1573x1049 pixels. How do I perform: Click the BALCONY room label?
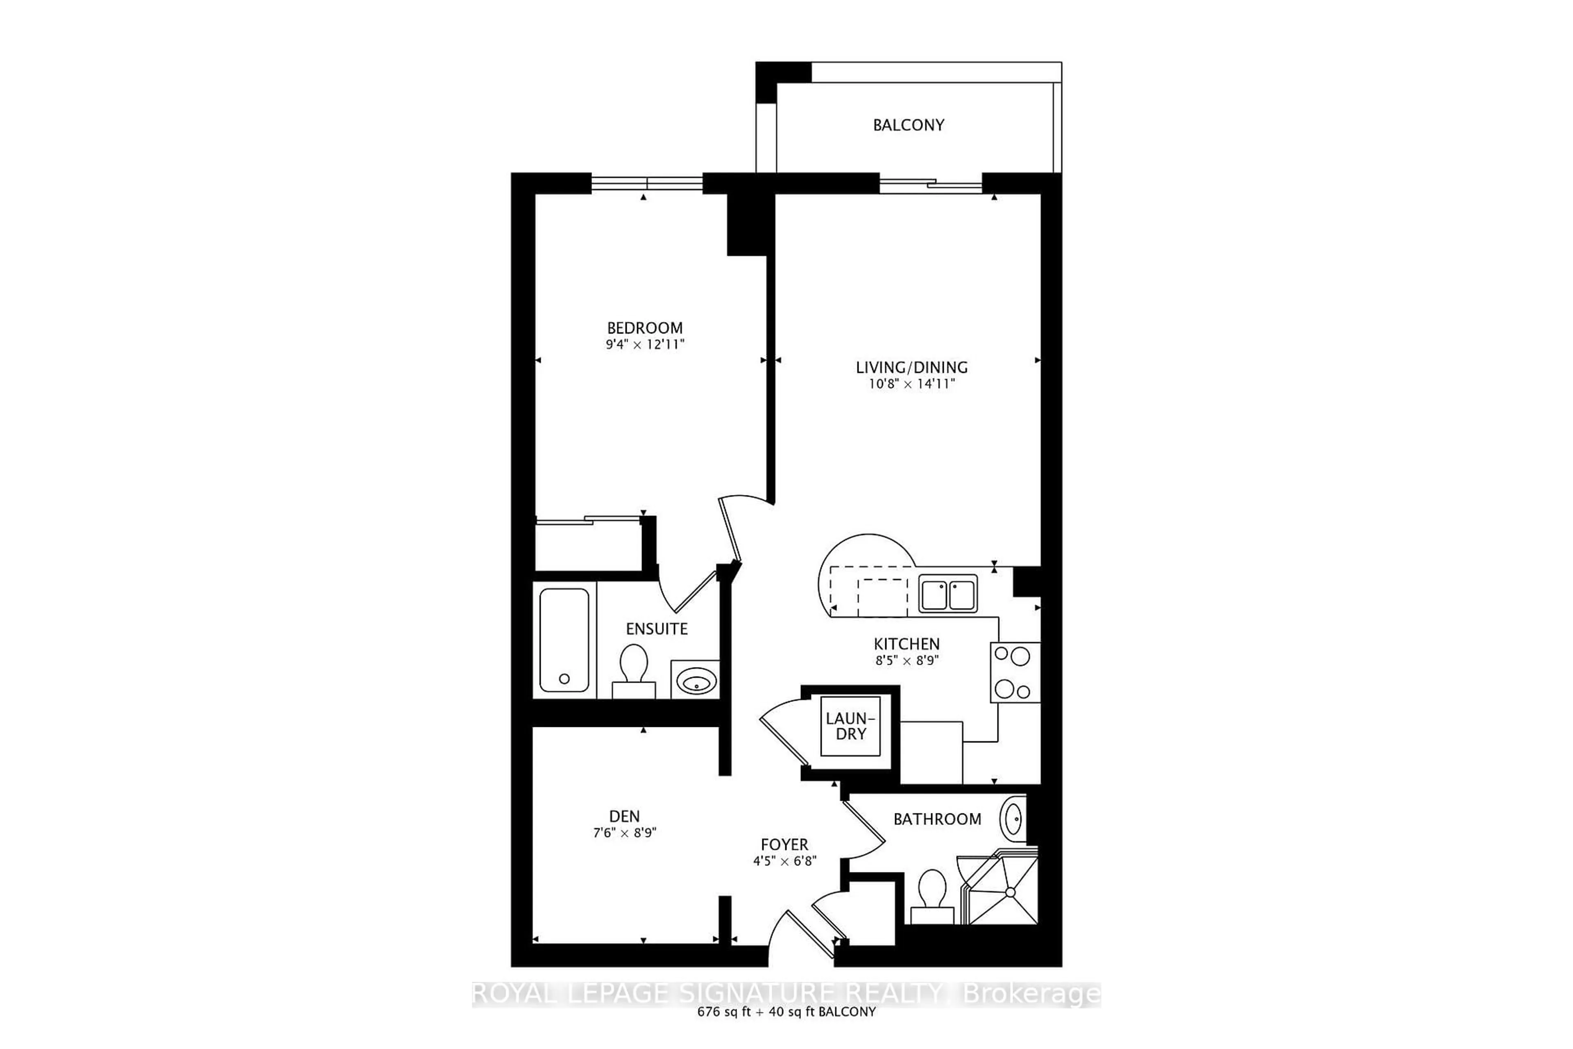(908, 125)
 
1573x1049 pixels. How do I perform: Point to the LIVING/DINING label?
(911, 367)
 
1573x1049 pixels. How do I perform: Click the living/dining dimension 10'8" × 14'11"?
(911, 384)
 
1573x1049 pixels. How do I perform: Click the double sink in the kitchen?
(947, 594)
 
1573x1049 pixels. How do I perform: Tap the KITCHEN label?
(906, 644)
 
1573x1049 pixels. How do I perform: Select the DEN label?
(624, 816)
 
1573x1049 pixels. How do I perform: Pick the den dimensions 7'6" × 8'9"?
(624, 833)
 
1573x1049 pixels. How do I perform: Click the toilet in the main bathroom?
(932, 897)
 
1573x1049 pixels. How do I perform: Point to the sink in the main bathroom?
(1013, 817)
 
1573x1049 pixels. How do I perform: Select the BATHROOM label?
(937, 819)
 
